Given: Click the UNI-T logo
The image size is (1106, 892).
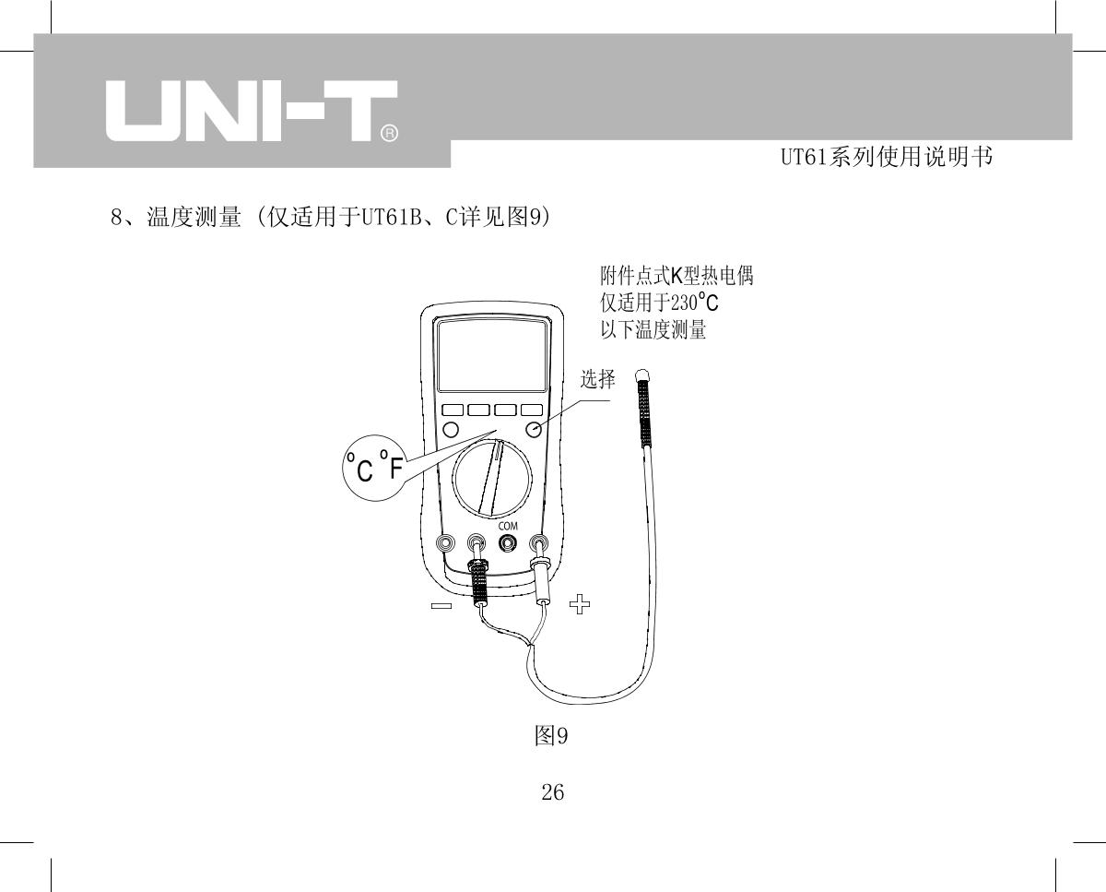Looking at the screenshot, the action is coord(252,111).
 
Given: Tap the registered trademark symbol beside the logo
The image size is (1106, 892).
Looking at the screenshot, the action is coord(389,134).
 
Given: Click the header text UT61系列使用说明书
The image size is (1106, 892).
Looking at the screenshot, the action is coord(887,157).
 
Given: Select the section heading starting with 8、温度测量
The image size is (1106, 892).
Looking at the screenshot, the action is coord(331,217).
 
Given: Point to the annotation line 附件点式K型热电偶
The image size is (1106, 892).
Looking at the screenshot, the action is coord(677,276).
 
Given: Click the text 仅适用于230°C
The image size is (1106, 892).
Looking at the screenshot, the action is coord(659,303).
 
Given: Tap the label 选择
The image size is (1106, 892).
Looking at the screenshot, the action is coord(598,379).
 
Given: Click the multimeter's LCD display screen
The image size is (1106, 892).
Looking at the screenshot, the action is coord(492,356).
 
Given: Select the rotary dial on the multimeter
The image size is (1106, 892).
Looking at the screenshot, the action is coord(492,479).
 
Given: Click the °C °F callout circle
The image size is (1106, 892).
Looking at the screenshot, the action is coord(374,468).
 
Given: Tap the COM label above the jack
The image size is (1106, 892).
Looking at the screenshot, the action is coord(508,526).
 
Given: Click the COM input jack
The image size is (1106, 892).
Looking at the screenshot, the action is coord(508,543).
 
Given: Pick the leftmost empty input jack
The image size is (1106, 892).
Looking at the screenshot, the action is coord(444,543).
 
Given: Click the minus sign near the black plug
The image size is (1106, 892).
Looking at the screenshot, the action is coord(441,606).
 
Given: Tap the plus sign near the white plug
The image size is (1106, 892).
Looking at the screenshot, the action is coord(580,604).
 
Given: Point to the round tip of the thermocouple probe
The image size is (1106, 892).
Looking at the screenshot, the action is coord(641,375).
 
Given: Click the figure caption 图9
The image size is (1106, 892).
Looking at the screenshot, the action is coord(551,735).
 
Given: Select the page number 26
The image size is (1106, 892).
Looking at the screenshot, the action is coord(552,792).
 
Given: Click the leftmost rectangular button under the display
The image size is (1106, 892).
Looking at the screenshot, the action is coord(453,410).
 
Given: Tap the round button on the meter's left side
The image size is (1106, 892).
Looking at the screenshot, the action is coord(451,430).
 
